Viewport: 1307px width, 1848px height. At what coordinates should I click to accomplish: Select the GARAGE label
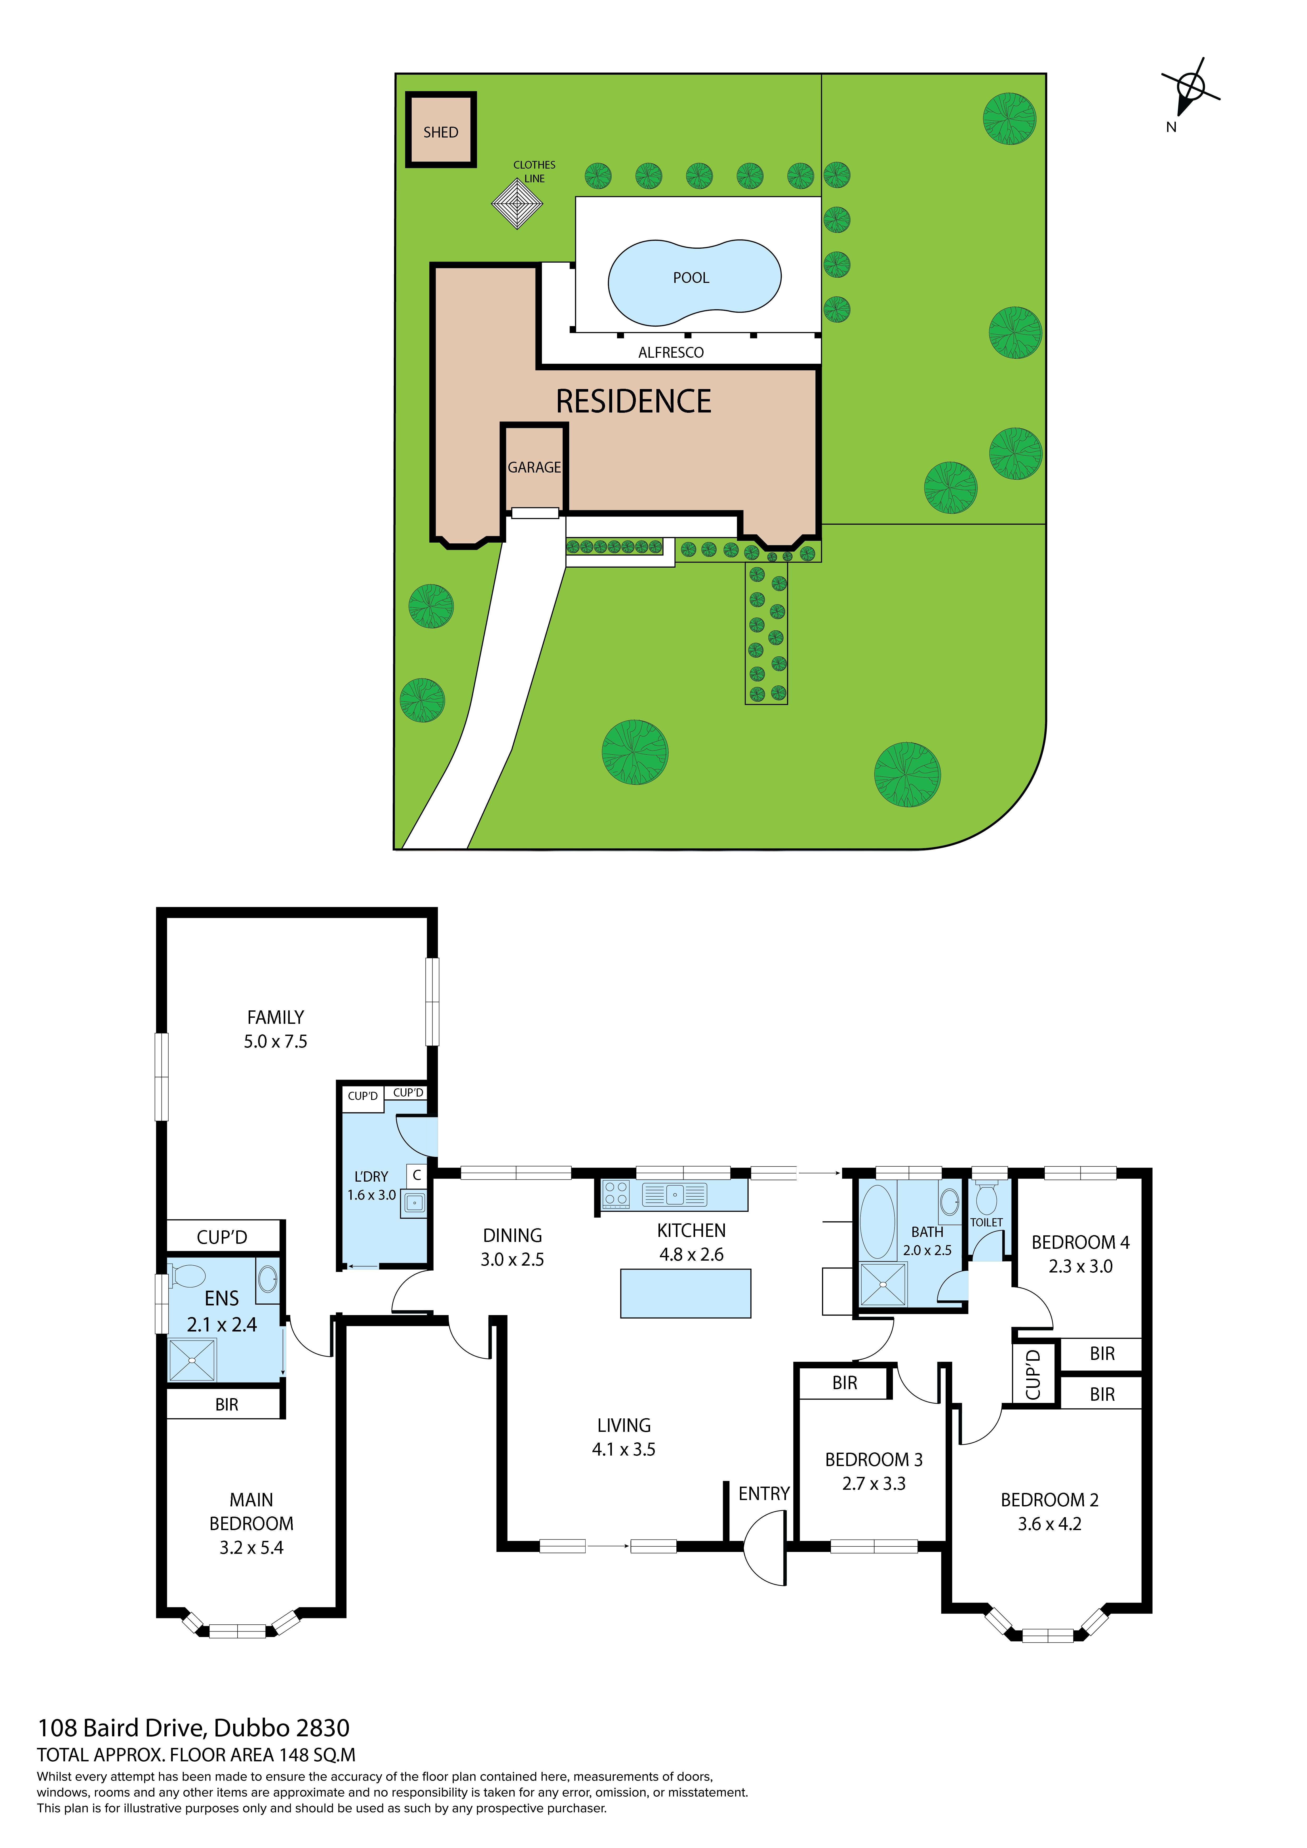534,467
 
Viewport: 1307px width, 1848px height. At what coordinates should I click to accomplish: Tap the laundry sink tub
415,1202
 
